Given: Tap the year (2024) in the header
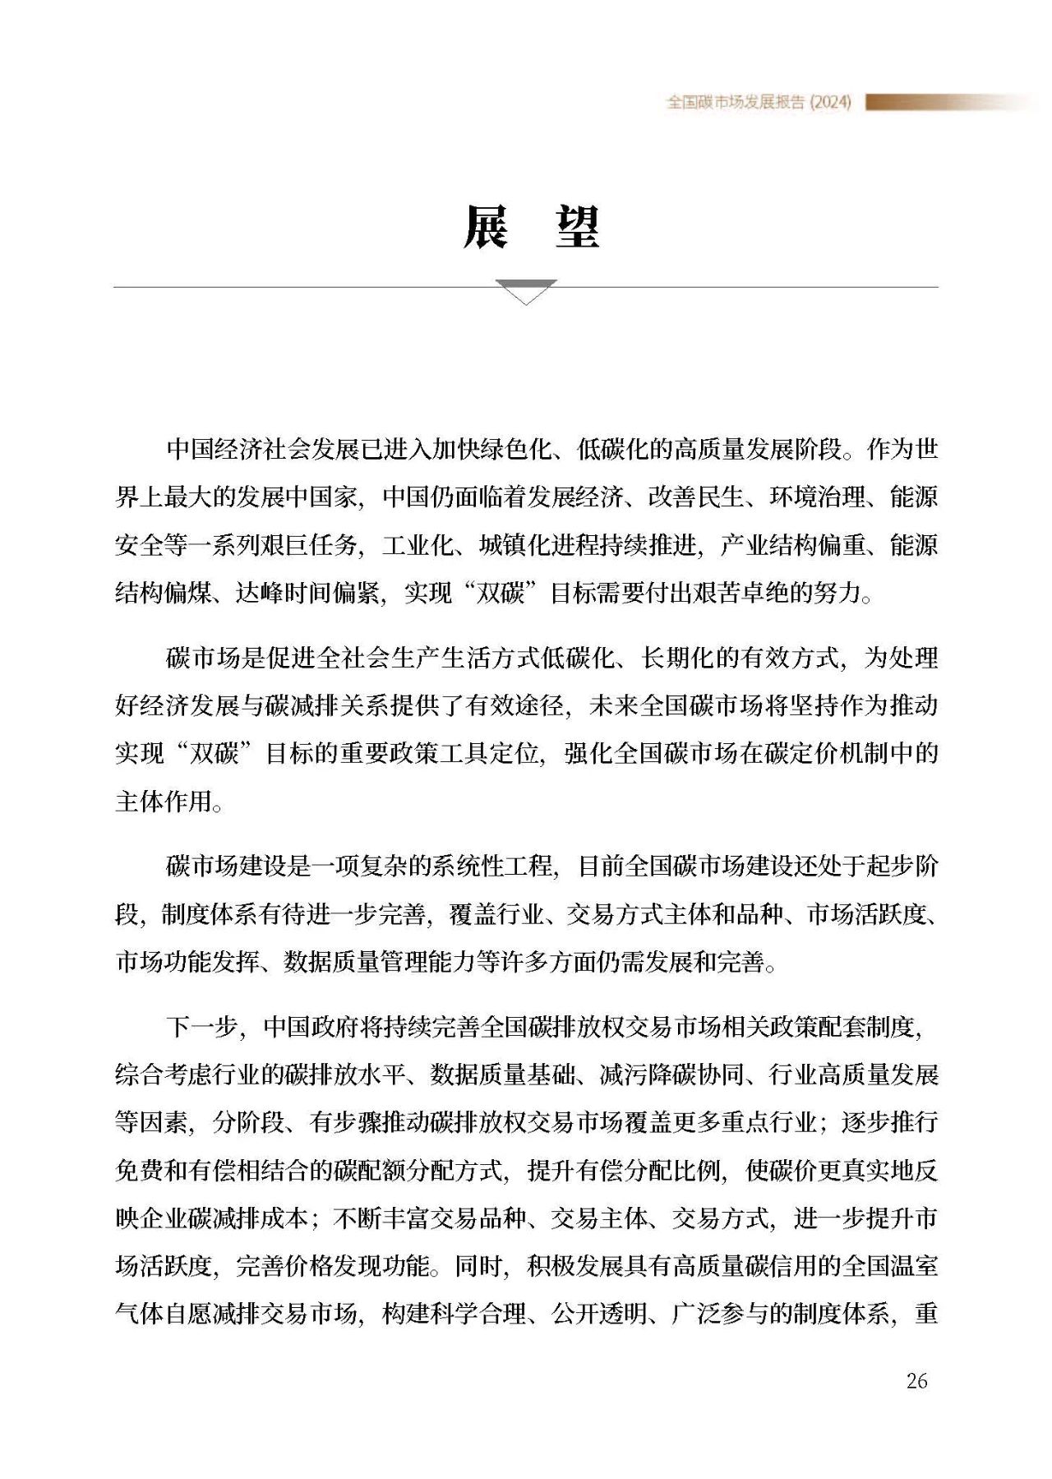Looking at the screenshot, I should pyautogui.click(x=830, y=102).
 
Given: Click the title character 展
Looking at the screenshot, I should pyautogui.click(x=485, y=227).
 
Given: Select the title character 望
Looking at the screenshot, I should pyautogui.click(x=577, y=227).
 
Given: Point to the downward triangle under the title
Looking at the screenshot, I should pyautogui.click(x=526, y=291).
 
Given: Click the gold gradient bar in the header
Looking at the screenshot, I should pyautogui.click(x=945, y=102).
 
